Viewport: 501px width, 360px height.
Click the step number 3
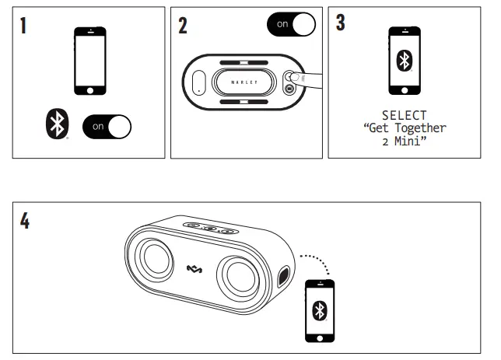point(341,23)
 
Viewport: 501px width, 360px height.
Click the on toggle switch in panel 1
point(107,125)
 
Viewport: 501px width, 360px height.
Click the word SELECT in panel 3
point(405,115)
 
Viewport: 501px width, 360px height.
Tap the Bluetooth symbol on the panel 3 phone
point(405,61)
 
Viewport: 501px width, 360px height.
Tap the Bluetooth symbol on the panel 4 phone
point(318,310)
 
